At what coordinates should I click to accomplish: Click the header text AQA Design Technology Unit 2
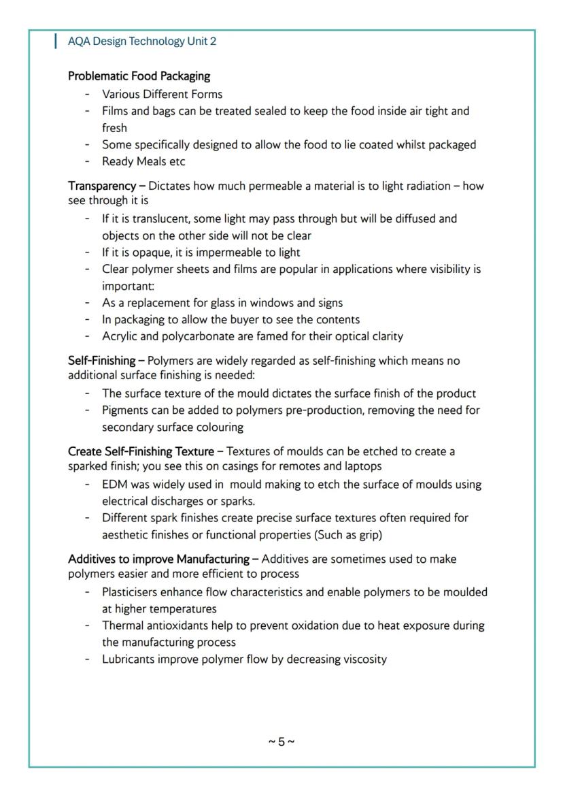point(142,42)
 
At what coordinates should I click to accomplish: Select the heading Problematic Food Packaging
point(139,76)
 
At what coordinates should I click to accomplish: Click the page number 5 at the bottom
point(281,741)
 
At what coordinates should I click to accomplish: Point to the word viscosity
point(362,659)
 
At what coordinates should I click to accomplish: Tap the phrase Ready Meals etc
point(143,161)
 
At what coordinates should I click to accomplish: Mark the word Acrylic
point(120,336)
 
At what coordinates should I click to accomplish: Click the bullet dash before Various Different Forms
point(88,94)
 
